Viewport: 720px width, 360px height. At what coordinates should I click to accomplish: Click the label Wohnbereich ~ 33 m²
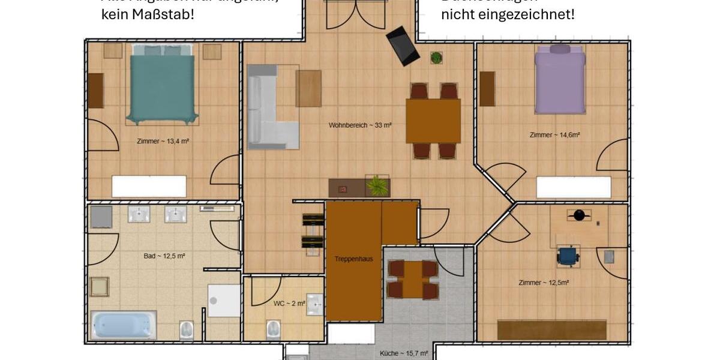click(x=360, y=125)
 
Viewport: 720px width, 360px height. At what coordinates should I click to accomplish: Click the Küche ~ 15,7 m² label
click(x=404, y=354)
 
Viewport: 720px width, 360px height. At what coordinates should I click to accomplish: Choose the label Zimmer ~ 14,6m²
click(x=554, y=135)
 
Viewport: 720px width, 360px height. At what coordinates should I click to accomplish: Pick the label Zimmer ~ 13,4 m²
click(x=163, y=142)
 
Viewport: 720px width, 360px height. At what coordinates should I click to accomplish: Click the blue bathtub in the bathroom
click(x=123, y=325)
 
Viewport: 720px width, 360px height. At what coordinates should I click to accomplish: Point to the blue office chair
click(x=568, y=256)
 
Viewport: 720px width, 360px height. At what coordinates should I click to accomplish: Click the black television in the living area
click(x=403, y=46)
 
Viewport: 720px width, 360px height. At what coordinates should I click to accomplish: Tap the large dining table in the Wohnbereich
click(x=433, y=121)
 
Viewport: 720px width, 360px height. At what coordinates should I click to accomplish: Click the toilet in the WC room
click(x=273, y=328)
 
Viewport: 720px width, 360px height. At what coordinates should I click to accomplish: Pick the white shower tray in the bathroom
click(x=224, y=300)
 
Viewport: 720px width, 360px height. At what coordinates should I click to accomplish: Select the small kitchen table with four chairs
click(x=412, y=279)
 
